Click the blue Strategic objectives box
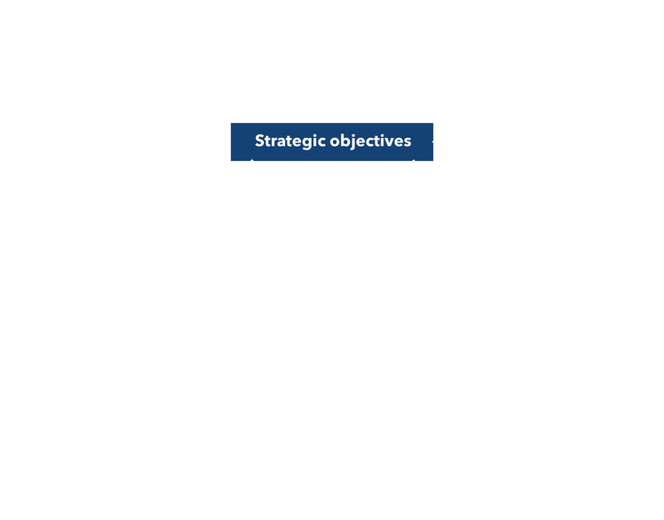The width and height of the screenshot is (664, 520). click(332, 141)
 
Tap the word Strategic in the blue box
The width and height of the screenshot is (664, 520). click(283, 141)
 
